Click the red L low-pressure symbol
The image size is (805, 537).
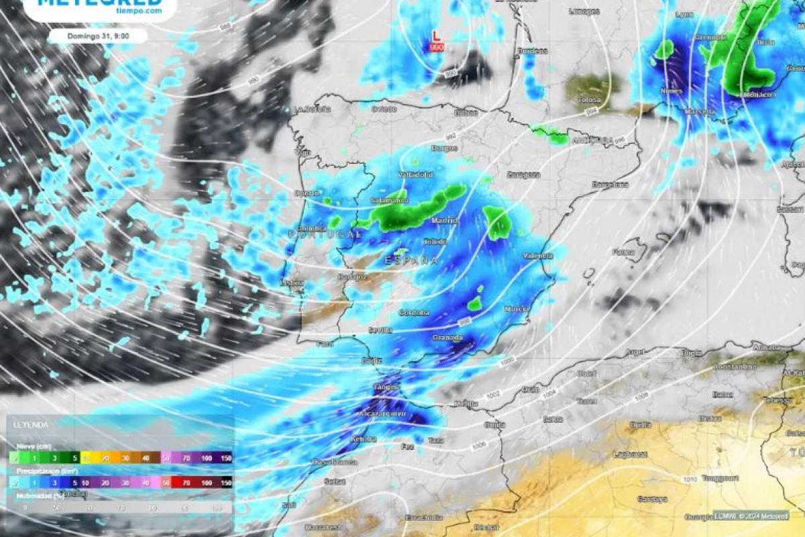[436, 35]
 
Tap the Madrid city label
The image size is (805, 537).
[444, 220]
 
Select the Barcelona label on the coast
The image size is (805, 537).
[610, 184]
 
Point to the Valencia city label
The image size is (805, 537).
[538, 256]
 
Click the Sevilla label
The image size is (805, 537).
[380, 330]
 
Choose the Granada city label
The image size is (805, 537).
[447, 338]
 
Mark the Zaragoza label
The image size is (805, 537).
[523, 175]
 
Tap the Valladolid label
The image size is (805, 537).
[415, 175]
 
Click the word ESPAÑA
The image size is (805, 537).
[411, 260]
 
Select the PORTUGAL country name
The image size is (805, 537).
[325, 234]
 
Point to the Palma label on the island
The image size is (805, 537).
[623, 252]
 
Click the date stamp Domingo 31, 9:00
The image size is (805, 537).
[97, 36]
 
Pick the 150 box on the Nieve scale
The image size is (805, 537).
[225, 458]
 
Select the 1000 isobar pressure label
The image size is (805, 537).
[507, 362]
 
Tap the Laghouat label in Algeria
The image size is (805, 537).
[629, 454]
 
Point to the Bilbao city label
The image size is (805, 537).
[466, 113]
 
